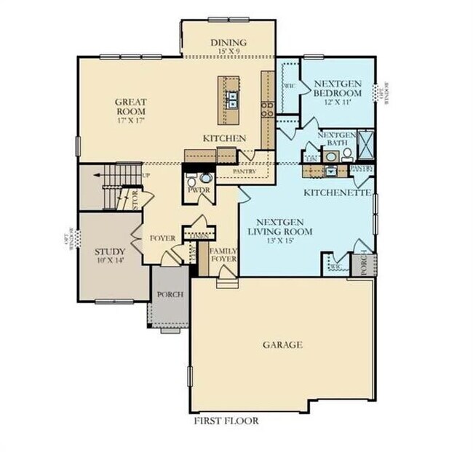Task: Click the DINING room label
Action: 228,42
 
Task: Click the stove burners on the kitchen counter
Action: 267,108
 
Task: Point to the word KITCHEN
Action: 223,138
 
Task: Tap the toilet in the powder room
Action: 204,177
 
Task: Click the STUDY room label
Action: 111,252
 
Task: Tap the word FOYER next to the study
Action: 163,238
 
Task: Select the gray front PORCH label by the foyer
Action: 170,294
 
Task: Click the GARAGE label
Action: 282,344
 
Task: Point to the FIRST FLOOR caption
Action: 226,420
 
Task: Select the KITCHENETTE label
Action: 338,193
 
